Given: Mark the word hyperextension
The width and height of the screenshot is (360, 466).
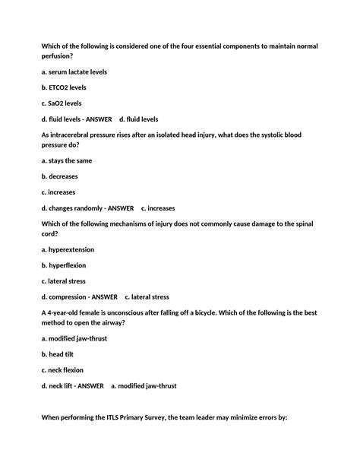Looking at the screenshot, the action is point(69,249).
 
